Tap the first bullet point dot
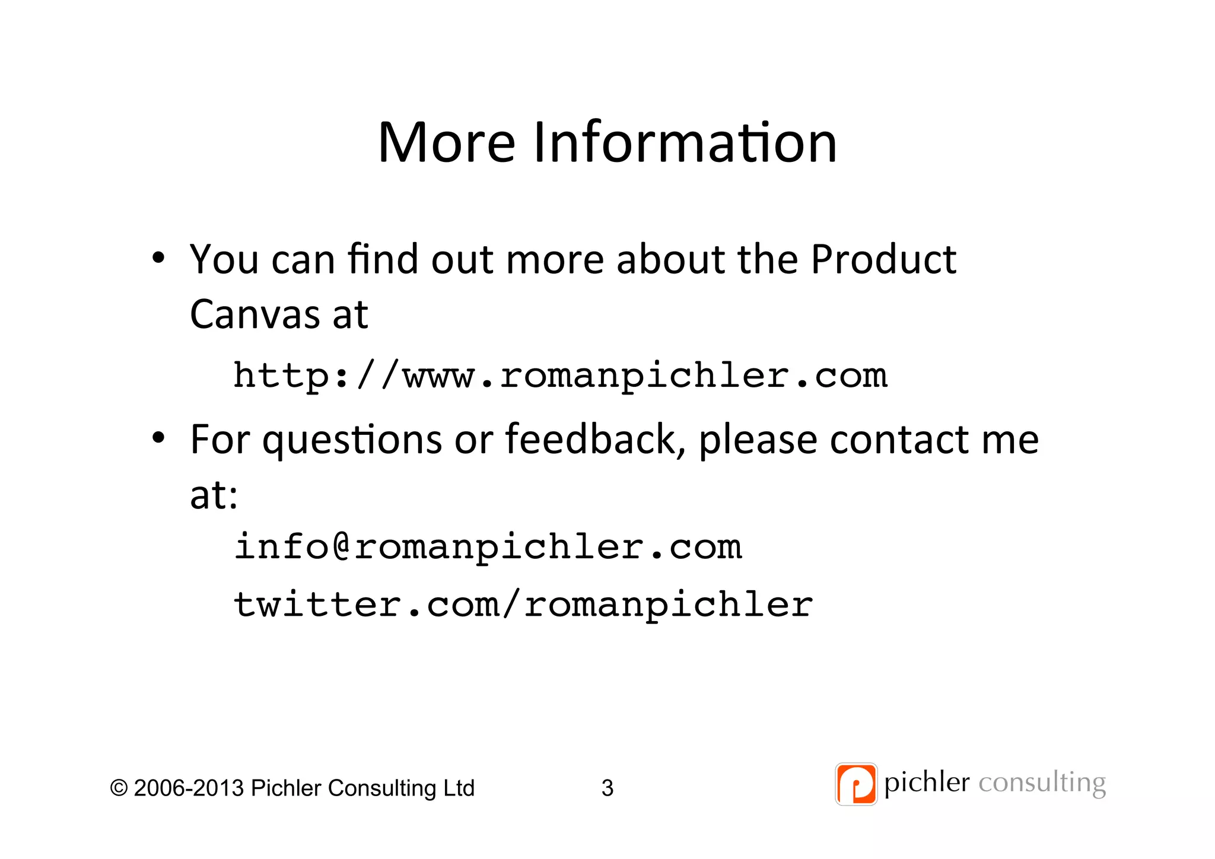click(x=158, y=258)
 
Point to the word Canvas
click(x=255, y=314)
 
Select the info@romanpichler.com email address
click(x=488, y=547)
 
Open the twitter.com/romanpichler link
click(x=523, y=605)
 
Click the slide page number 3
click(x=607, y=788)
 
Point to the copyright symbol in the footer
click(x=119, y=788)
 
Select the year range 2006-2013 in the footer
click(x=189, y=788)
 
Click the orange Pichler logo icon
click(x=855, y=784)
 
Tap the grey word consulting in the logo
click(x=1042, y=783)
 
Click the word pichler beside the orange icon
click(x=927, y=783)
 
